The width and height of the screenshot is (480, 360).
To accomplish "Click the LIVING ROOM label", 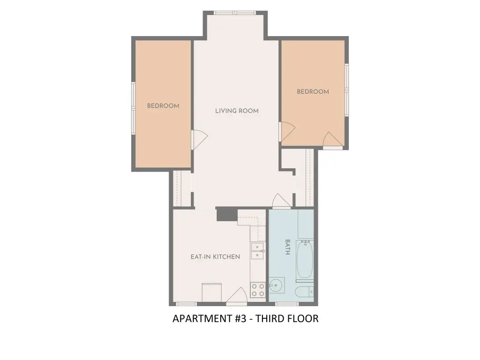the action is (237, 111).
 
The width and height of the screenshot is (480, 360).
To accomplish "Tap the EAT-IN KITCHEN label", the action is (215, 257).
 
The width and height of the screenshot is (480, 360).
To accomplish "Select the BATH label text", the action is (288, 247).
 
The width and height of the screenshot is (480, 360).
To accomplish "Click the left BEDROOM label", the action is (163, 106).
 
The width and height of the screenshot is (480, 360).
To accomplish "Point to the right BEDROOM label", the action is (313, 91).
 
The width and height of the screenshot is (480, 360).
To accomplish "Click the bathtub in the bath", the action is (305, 259).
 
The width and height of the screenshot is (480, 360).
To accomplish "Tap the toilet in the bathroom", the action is (304, 292).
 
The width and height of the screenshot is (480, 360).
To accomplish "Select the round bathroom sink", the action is (277, 285).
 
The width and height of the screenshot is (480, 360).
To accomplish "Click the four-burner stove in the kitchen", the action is (258, 290).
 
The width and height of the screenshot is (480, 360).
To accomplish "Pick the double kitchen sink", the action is (257, 251).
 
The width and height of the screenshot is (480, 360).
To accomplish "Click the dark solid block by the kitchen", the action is (227, 214).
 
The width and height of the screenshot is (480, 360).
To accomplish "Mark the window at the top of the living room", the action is (235, 13).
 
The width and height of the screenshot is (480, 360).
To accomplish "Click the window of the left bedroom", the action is (134, 108).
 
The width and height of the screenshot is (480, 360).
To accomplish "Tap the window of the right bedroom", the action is (346, 90).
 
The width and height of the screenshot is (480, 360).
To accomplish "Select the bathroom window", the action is (286, 304).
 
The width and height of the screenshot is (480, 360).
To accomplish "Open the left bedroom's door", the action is (199, 140).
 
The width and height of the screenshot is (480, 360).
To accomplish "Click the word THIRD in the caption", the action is (270, 319).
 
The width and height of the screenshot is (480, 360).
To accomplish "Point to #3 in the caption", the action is (241, 319).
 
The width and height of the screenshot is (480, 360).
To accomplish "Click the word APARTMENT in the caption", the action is (202, 319).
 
